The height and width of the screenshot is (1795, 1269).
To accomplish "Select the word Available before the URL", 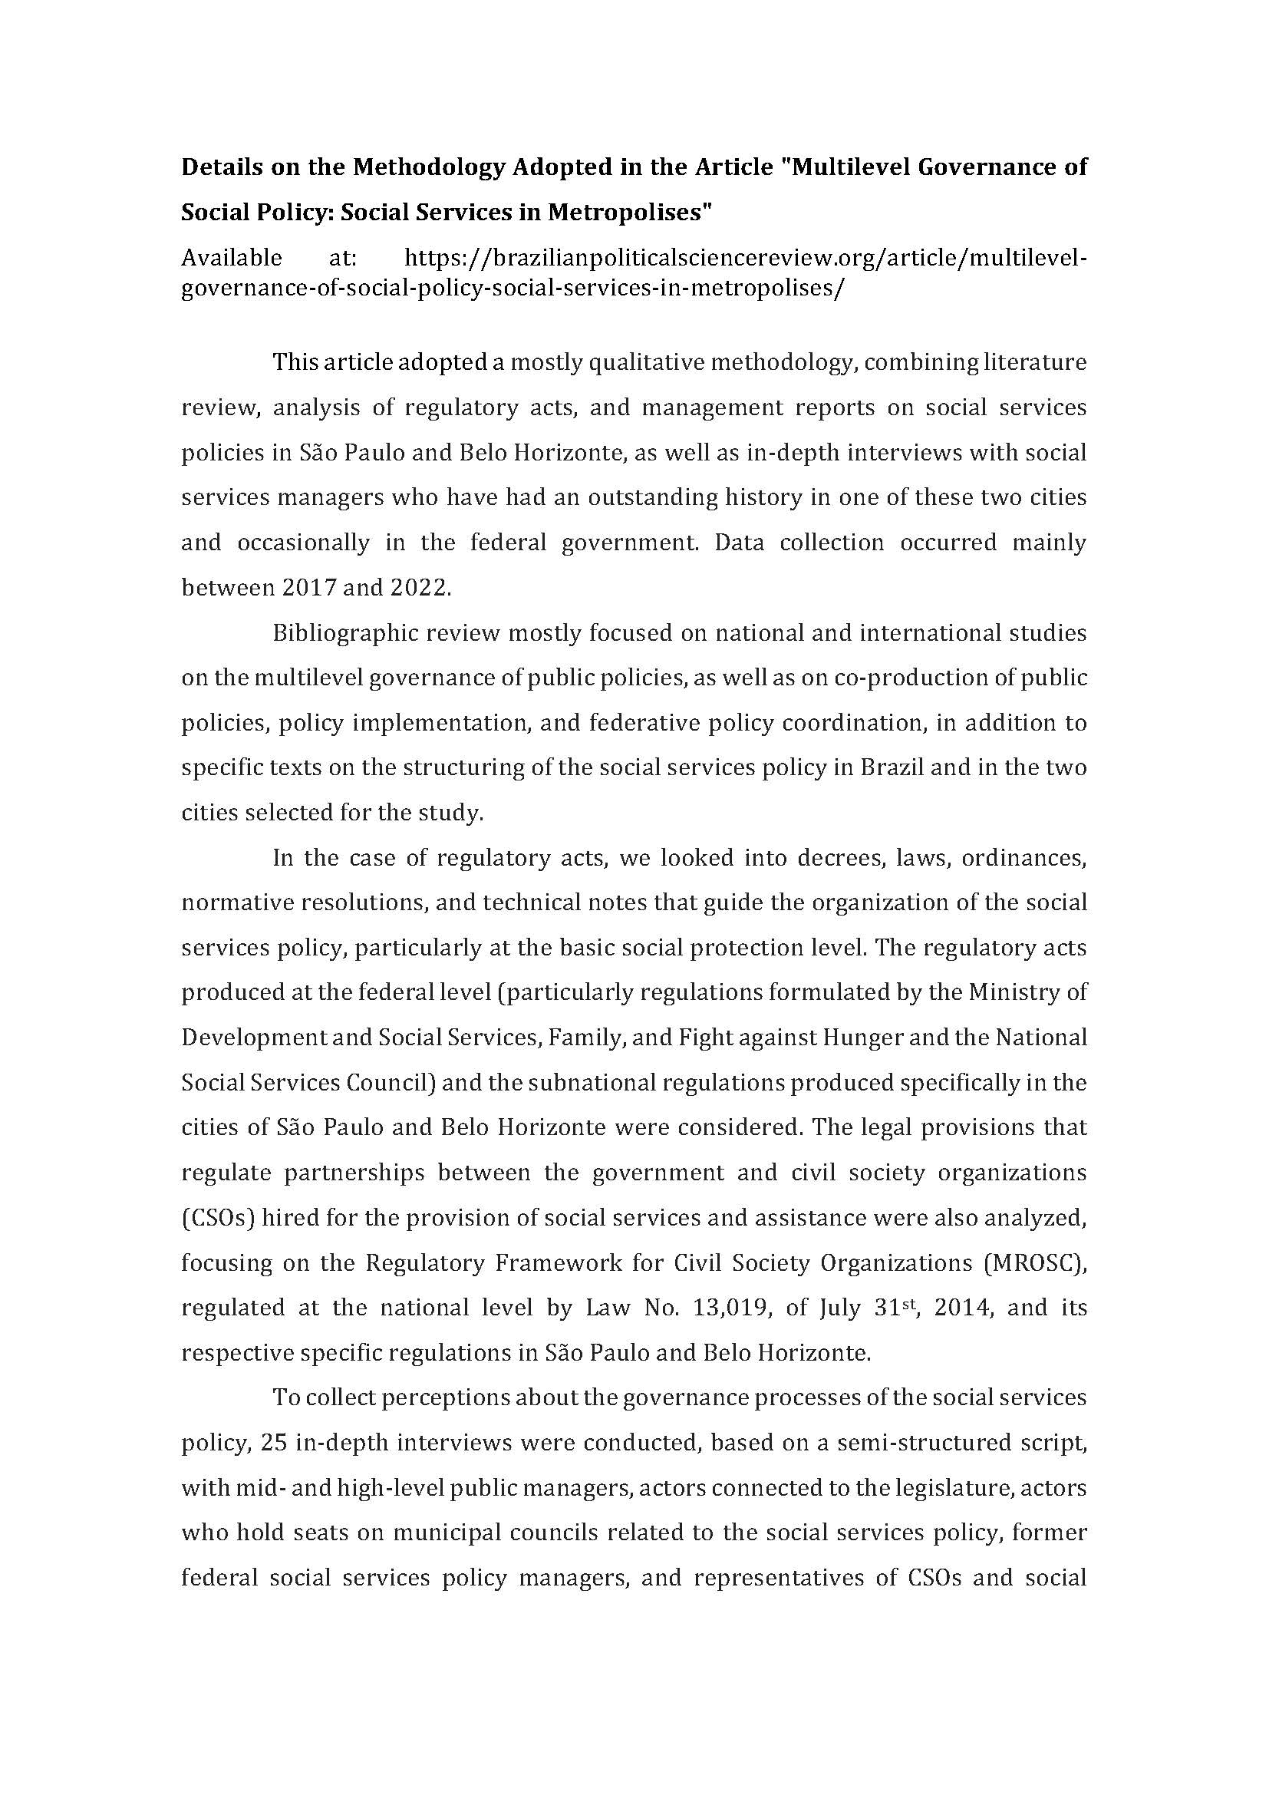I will coord(231,257).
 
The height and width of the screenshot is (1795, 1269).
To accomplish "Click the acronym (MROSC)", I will coord(1037,1263).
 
